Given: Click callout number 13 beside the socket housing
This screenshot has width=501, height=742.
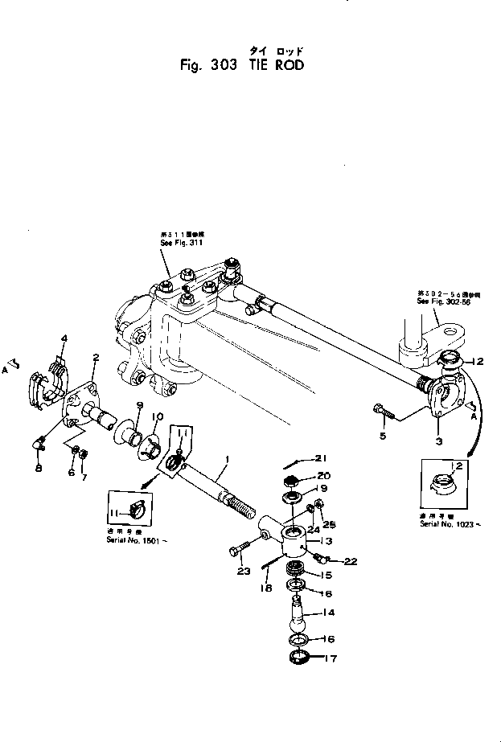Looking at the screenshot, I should [x=328, y=541].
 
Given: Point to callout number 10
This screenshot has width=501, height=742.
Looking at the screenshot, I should [x=157, y=416].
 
